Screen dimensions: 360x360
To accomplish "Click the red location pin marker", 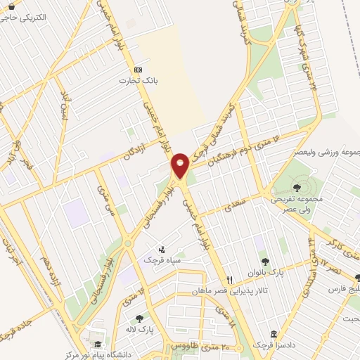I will [181, 165].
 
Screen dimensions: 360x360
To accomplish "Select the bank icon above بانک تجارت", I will [138, 70].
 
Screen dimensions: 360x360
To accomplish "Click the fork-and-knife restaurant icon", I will [229, 280].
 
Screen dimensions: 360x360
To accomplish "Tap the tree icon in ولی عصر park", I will [295, 187].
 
